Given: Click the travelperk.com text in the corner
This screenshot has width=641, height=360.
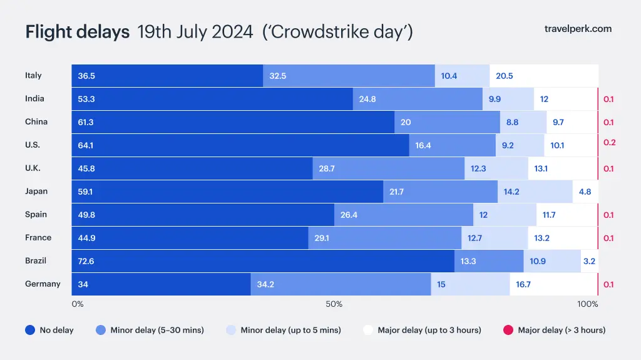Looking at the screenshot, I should [578, 29].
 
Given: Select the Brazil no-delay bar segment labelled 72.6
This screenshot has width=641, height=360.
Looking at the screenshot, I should [263, 261].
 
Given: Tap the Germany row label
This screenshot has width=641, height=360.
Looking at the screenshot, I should [43, 284].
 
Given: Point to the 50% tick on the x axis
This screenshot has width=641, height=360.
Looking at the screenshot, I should [334, 304].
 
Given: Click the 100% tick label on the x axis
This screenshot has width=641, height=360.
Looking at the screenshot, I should [587, 304].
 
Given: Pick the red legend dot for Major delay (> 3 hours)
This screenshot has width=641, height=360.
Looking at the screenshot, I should [508, 330].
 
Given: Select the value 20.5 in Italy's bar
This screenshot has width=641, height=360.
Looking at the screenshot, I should [505, 76].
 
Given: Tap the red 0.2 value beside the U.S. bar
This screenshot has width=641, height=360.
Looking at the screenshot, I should [609, 143].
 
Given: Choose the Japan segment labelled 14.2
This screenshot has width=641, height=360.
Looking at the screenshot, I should [535, 192].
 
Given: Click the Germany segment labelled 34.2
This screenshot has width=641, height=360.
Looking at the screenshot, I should [341, 284].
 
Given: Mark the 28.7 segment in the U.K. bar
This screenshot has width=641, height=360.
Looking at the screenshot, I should [388, 168].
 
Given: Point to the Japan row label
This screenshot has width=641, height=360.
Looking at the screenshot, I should [36, 192].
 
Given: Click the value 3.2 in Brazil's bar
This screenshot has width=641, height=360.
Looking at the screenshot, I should [589, 261].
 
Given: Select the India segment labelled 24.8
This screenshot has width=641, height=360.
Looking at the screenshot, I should [418, 99].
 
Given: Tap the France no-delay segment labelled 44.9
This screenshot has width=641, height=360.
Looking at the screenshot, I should [190, 238].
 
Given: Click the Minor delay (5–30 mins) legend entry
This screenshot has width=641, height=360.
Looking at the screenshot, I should [150, 330].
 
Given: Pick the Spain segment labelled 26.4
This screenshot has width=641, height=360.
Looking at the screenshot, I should [404, 215].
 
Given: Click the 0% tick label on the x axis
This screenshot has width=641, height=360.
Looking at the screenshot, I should [78, 304].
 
